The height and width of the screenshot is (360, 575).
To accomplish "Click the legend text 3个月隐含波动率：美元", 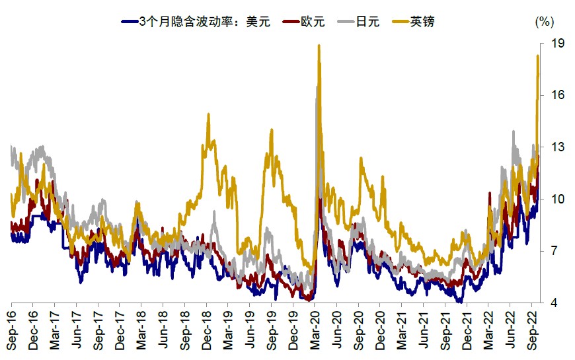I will coord(205,21).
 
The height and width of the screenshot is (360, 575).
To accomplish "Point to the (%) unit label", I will coord(543,21).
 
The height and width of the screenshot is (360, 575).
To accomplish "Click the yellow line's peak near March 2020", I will coord(319,46).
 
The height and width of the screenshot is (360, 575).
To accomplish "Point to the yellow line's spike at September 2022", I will coord(537,56).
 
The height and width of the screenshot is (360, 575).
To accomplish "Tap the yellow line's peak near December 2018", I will coord(208,114).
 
